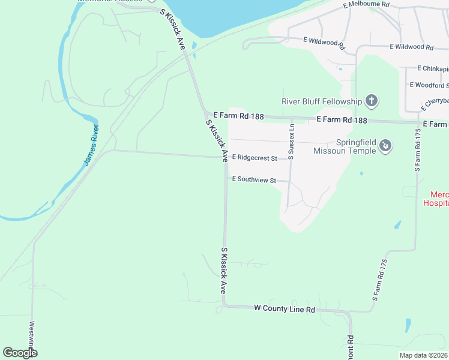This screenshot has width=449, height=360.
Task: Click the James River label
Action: [91, 146]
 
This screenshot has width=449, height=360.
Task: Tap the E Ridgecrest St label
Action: [254, 158]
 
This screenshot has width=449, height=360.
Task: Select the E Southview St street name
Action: [254, 179]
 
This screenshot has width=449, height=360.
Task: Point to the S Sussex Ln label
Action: [291, 141]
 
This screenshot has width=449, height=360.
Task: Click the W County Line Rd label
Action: [285, 309]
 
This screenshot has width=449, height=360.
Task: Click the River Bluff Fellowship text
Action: [322, 101]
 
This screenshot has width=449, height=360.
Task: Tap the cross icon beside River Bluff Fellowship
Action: [372, 101]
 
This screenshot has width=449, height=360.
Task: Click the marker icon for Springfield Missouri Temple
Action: [386, 146]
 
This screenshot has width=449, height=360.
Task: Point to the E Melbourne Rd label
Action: [366, 5]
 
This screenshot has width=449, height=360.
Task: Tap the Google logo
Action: [20, 353]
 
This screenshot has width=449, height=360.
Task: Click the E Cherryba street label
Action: [435, 103]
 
